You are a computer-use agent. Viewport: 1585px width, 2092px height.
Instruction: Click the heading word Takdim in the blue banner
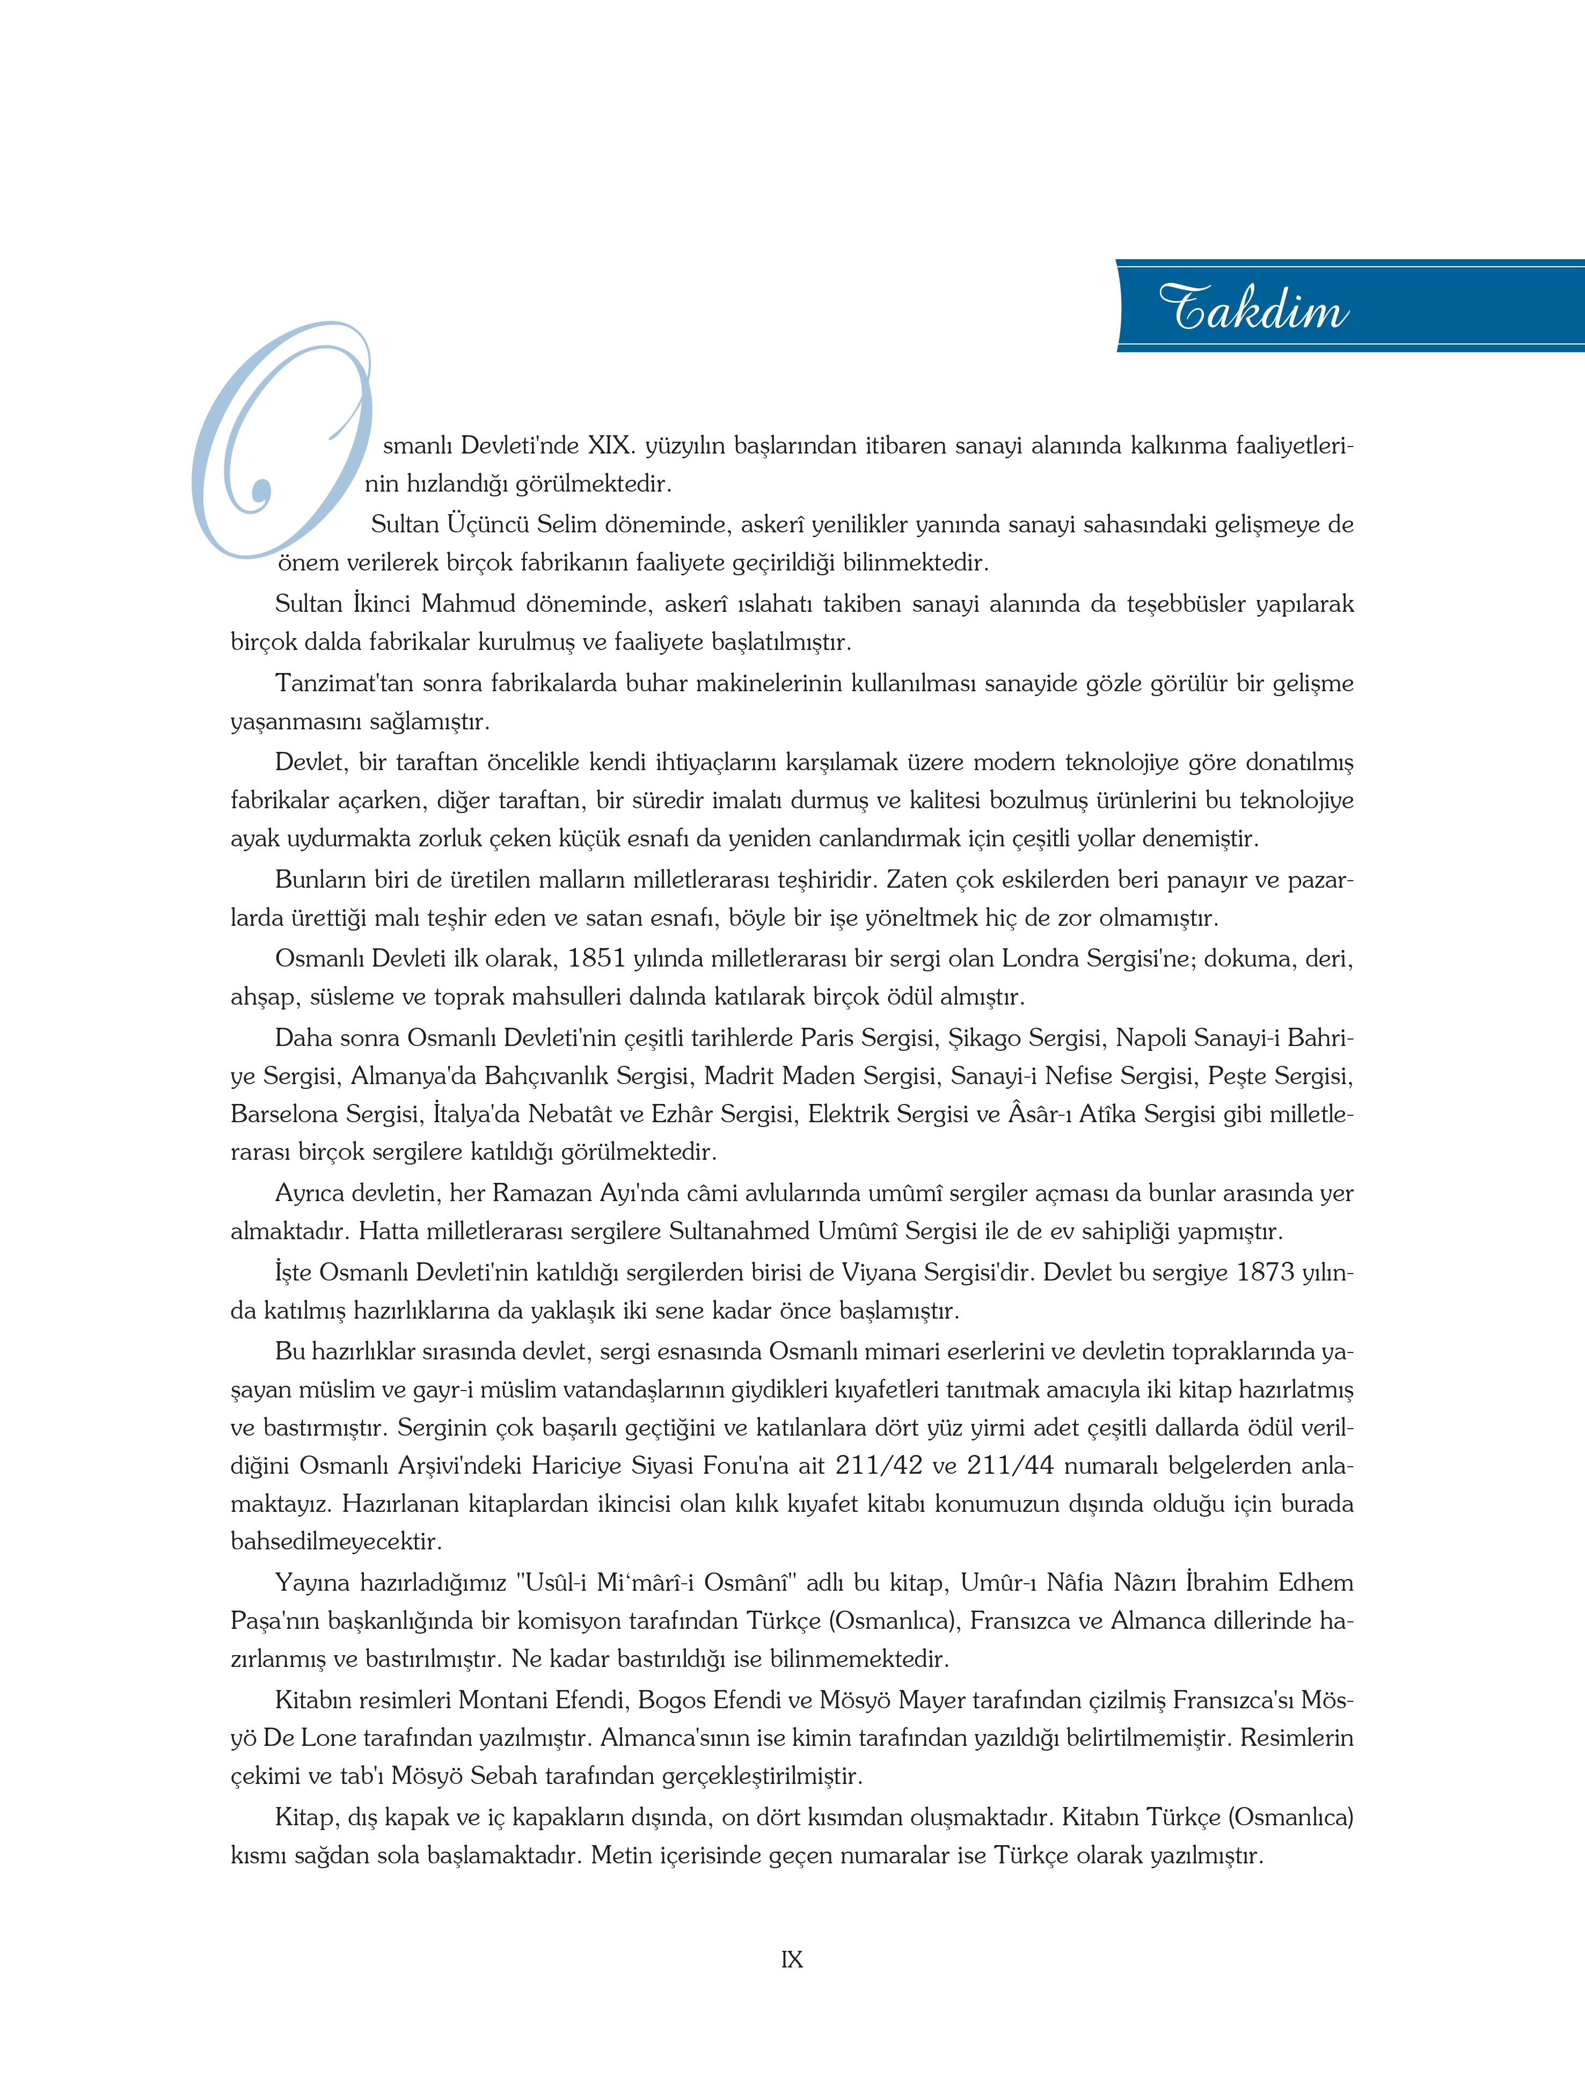coord(1254,308)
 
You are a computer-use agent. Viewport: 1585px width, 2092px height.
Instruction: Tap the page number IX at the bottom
coord(792,1959)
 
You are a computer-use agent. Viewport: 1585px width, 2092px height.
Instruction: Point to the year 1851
coord(597,959)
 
